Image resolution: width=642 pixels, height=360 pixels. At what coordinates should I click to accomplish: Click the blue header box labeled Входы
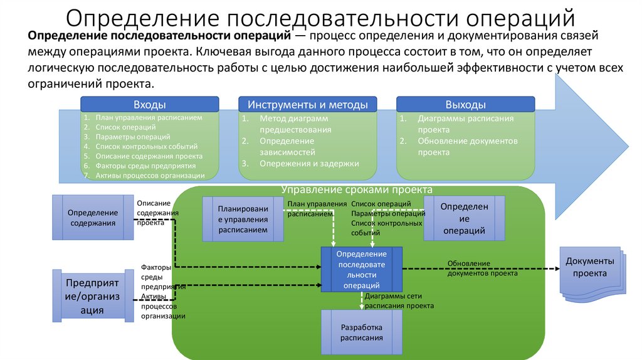coord(150,105)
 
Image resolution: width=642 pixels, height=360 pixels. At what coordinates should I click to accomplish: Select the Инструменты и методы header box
coord(307,105)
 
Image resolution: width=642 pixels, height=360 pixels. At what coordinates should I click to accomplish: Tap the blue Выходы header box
coord(465,105)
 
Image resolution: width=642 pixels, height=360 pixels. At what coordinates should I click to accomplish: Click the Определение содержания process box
coord(93,218)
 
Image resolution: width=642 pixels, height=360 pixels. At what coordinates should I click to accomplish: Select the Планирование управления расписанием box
coord(243,220)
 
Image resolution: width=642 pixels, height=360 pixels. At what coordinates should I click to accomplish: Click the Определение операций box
coord(465,218)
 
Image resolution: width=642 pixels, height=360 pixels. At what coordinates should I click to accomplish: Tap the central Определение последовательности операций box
coord(361,269)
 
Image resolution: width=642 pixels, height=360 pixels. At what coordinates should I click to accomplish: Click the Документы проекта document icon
coord(590,270)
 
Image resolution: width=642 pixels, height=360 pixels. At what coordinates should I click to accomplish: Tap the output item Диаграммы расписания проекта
coord(465,124)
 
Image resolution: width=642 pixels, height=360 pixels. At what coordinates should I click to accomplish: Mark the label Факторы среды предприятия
coord(161,277)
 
